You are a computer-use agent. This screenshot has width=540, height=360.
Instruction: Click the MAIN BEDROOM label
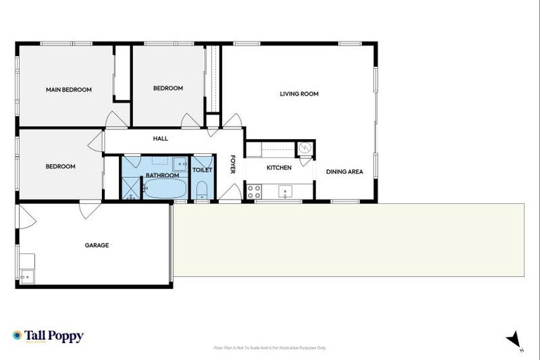69,90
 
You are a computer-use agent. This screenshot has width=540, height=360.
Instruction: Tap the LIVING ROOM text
300,94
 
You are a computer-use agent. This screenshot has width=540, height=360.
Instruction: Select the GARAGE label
97,245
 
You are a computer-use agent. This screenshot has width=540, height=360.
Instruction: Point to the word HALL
160,139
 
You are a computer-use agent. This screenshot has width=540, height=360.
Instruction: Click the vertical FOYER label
233,165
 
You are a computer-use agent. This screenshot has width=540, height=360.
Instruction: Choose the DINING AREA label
345,172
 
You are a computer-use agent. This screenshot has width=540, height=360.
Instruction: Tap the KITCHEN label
278,168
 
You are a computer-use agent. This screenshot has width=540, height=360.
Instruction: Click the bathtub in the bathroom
165,189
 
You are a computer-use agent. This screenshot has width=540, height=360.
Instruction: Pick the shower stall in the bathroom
131,188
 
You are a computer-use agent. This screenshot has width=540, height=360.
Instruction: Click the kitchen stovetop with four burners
254,191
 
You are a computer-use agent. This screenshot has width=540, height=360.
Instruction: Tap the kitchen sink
286,191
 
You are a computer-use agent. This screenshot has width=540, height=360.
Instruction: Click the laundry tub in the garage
27,276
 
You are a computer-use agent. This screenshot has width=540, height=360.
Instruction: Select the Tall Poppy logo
48,336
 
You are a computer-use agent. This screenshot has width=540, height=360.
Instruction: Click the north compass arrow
514,339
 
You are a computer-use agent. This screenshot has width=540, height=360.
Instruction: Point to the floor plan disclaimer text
269,348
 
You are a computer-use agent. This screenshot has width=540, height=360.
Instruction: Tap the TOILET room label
202,169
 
